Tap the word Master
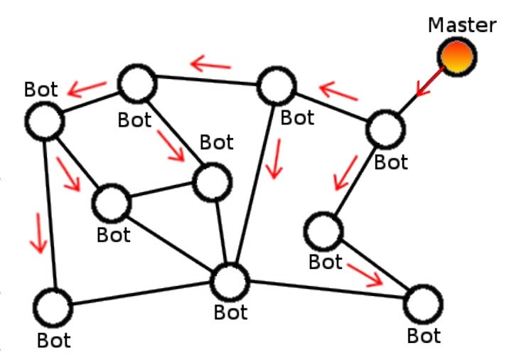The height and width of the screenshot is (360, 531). point(462,25)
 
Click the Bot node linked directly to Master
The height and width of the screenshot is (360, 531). point(387,129)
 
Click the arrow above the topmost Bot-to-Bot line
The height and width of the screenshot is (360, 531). point(211,66)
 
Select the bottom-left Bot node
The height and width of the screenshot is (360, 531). point(53,308)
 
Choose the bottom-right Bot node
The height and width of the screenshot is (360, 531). point(423,304)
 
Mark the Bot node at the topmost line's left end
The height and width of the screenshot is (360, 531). point(137,84)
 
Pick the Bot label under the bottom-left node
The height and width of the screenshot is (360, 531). point(54,339)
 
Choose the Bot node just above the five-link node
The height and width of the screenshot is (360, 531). point(213,183)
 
